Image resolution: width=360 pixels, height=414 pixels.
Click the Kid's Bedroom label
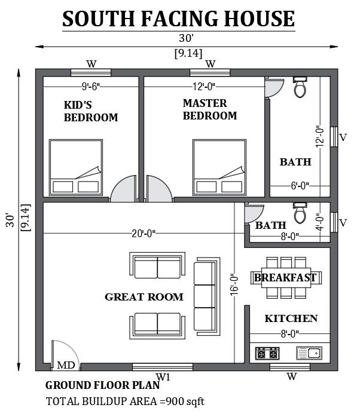tap(91, 111)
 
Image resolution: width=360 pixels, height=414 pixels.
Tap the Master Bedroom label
tap(210, 109)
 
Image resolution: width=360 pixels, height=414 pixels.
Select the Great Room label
tap(144, 297)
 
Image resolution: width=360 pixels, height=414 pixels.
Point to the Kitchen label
tap(291, 318)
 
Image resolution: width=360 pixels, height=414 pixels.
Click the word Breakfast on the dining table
tap(285, 278)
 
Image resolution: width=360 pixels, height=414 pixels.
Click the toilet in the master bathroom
tap(300, 87)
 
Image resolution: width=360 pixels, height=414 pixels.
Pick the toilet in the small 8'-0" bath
tap(300, 213)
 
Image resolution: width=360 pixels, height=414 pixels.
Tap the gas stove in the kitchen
tap(267, 353)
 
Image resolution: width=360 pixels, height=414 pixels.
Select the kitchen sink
tap(309, 353)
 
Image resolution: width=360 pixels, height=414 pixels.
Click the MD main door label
tap(66, 365)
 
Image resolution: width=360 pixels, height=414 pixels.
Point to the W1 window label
tap(163, 377)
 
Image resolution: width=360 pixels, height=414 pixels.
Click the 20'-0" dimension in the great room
tap(144, 234)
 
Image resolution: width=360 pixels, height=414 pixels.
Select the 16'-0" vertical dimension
tap(234, 284)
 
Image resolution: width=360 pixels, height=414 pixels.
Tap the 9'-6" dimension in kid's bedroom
tap(91, 87)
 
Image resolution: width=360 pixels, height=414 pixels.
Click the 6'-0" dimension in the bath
tap(300, 186)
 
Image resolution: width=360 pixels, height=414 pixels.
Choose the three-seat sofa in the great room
tap(207, 296)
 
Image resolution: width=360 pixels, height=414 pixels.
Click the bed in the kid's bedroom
tap(76, 168)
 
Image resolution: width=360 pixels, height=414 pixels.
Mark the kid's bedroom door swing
tap(124, 189)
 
